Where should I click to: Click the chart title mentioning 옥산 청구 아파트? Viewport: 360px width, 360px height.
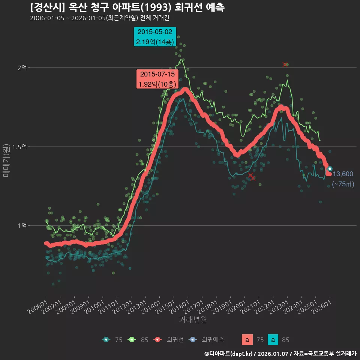pos(127,7)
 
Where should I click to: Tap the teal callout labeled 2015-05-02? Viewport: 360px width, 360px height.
pos(155,37)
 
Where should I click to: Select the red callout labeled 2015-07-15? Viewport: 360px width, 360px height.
pos(157,79)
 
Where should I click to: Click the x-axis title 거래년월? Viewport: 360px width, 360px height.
pos(193,319)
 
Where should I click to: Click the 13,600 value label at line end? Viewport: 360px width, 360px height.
pos(343,174)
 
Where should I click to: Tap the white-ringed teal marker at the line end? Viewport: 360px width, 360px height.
pos(330,169)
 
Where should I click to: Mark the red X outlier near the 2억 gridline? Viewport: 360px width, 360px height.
pos(285,65)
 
